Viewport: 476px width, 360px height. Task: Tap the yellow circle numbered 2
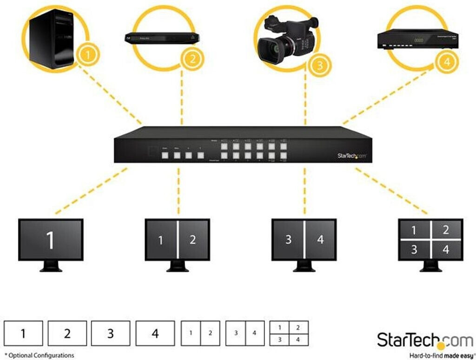tap(192, 59)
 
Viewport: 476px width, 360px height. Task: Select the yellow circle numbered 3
tap(318, 65)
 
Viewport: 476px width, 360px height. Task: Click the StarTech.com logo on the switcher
tap(352, 156)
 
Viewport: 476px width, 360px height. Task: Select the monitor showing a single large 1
tap(50, 240)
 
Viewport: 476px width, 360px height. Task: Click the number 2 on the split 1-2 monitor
tap(192, 240)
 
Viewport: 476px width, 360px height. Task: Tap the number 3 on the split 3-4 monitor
tap(288, 240)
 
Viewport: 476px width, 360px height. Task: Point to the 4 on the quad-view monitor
tap(446, 249)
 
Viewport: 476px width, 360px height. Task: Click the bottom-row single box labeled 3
tap(110, 333)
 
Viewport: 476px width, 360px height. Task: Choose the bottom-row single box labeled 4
tap(155, 333)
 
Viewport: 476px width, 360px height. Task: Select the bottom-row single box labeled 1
tap(23, 333)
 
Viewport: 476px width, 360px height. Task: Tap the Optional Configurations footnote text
tap(40, 355)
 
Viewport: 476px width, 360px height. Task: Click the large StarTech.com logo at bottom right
tap(424, 340)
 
